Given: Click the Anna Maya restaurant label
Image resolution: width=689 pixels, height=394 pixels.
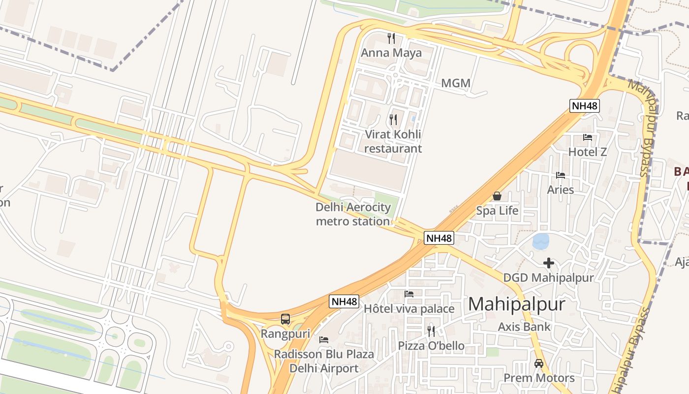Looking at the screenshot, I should click(x=391, y=53).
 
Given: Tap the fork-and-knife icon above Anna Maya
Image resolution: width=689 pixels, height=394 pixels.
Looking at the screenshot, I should click(x=391, y=38).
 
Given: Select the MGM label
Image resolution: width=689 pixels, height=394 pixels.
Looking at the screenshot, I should click(x=456, y=83).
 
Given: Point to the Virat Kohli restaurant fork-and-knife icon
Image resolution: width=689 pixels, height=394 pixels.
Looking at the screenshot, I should click(x=393, y=119).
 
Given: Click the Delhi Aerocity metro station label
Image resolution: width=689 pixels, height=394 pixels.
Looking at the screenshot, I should click(x=353, y=214).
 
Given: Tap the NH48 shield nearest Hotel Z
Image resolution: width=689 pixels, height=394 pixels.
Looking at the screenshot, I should click(x=585, y=105).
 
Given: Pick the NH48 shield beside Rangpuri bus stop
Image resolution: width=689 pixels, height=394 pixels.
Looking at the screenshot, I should click(x=344, y=301).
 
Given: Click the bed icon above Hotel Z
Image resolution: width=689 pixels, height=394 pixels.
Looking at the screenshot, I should click(x=588, y=137).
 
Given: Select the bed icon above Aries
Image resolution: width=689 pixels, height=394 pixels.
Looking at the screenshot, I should click(x=560, y=175).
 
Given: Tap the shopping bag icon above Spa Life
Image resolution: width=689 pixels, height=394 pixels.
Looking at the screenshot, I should click(x=497, y=196).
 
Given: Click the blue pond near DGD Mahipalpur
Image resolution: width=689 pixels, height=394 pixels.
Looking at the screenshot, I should click(x=541, y=241).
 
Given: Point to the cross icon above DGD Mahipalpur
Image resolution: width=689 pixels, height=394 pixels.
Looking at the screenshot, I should click(x=548, y=263).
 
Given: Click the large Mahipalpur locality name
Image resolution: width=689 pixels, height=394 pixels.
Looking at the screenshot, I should click(x=516, y=304).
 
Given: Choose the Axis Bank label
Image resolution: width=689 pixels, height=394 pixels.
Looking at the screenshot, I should click(x=524, y=327).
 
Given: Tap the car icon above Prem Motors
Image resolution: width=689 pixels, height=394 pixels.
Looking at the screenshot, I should click(x=539, y=363).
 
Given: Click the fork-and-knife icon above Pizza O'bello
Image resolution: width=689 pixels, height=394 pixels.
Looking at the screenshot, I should click(x=431, y=331).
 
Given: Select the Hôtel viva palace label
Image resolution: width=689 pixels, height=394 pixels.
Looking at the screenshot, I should click(x=409, y=309).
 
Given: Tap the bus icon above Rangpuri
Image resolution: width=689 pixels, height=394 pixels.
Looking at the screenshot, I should click(x=285, y=319).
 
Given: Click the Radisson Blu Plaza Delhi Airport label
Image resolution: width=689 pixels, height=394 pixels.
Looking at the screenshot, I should click(x=324, y=361).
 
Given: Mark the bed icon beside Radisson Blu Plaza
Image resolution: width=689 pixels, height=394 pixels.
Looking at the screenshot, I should click(x=324, y=340).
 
